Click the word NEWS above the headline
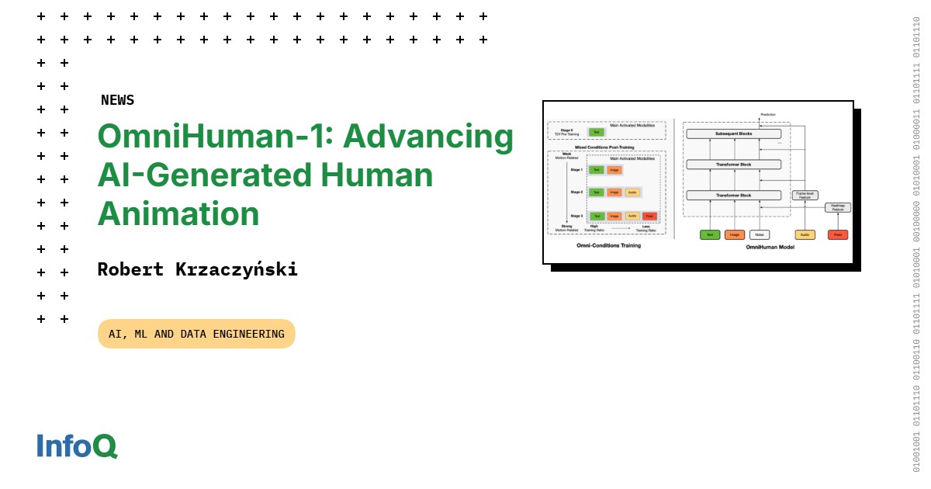pyautogui.click(x=117, y=100)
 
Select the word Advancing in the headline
pyautogui.click(x=428, y=137)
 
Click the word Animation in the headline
pyautogui.click(x=178, y=213)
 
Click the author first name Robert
pyautogui.click(x=131, y=269)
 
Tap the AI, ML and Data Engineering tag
pyautogui.click(x=196, y=334)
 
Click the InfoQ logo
pyautogui.click(x=77, y=446)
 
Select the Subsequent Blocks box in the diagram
pyautogui.click(x=735, y=134)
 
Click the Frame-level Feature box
pyautogui.click(x=805, y=196)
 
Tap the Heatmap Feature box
pyautogui.click(x=837, y=207)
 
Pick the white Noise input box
pyautogui.click(x=760, y=234)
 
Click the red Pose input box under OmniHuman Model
pyautogui.click(x=837, y=234)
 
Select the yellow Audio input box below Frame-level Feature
pyautogui.click(x=805, y=234)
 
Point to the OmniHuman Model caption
pyautogui.click(x=770, y=247)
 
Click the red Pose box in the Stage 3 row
pyautogui.click(x=649, y=216)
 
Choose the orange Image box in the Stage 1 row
pyautogui.click(x=614, y=169)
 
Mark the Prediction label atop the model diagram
pyautogui.click(x=768, y=115)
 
